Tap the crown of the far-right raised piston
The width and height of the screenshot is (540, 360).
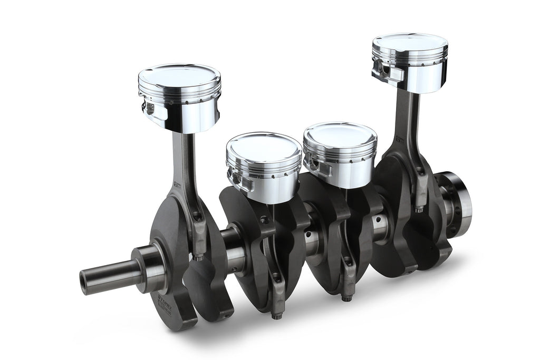(410, 42)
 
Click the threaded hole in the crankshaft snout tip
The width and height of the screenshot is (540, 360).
(84, 276)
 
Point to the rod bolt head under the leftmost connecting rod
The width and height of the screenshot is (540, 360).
(199, 257)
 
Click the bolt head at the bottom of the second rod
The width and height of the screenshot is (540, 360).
(276, 316)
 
